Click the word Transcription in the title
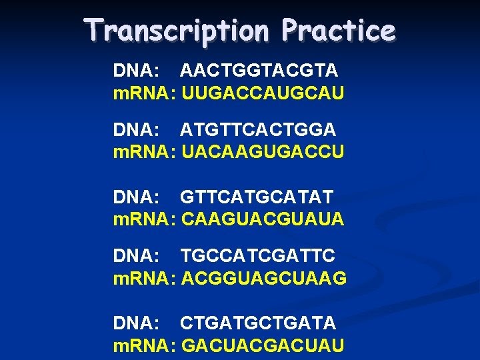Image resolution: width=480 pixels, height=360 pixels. click(177, 31)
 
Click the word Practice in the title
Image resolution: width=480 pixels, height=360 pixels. click(339, 29)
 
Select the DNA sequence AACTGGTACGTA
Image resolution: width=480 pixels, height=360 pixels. click(259, 71)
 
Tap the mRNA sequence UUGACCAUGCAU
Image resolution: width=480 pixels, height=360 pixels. click(263, 93)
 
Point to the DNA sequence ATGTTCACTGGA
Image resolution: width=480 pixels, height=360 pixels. click(258, 129)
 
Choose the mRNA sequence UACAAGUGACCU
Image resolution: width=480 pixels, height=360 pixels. click(263, 151)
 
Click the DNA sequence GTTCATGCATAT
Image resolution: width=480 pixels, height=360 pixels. click(257, 197)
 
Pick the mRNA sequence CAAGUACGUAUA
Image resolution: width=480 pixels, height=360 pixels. click(263, 219)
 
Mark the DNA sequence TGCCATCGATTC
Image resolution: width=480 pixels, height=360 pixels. click(258, 255)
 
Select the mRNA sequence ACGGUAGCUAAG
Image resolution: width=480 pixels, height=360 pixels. click(264, 278)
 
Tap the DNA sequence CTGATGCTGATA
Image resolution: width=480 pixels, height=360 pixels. click(258, 323)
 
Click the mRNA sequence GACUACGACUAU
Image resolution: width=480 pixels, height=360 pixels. click(263, 345)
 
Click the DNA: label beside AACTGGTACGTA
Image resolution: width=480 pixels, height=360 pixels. click(137, 71)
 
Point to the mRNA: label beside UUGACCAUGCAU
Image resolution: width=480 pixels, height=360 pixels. click(145, 93)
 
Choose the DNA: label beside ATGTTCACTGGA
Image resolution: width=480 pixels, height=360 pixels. click(137, 129)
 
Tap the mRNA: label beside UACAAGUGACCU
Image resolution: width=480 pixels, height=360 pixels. click(145, 152)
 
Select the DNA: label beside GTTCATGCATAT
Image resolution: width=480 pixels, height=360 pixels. click(137, 197)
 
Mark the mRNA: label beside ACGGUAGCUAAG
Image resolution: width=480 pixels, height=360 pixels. click(145, 278)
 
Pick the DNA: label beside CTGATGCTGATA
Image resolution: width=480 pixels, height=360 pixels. click(137, 323)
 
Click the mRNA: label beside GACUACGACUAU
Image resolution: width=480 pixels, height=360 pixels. click(145, 345)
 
